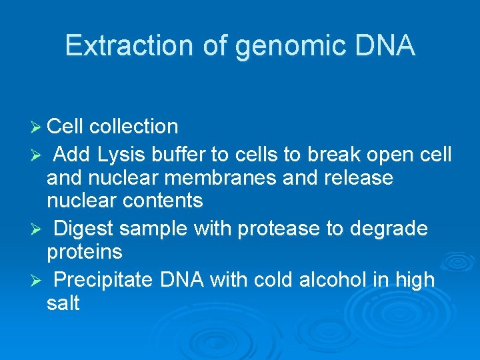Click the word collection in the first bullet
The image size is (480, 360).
click(x=133, y=127)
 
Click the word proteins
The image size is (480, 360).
click(x=85, y=251)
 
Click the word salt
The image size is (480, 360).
click(x=63, y=303)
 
